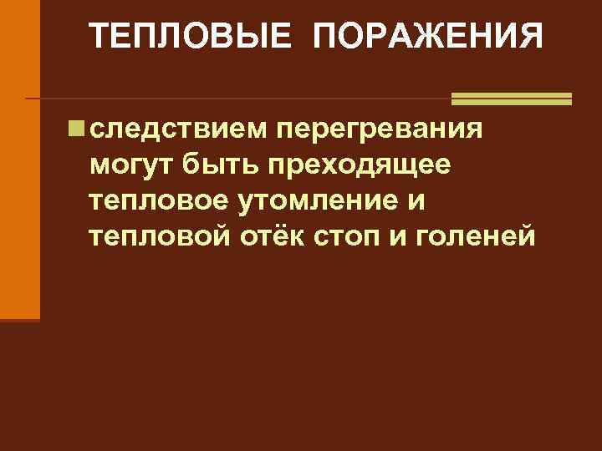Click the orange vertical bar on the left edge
tap(19, 159)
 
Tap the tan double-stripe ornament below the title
tap(511, 99)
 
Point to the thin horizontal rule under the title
tap(234, 99)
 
